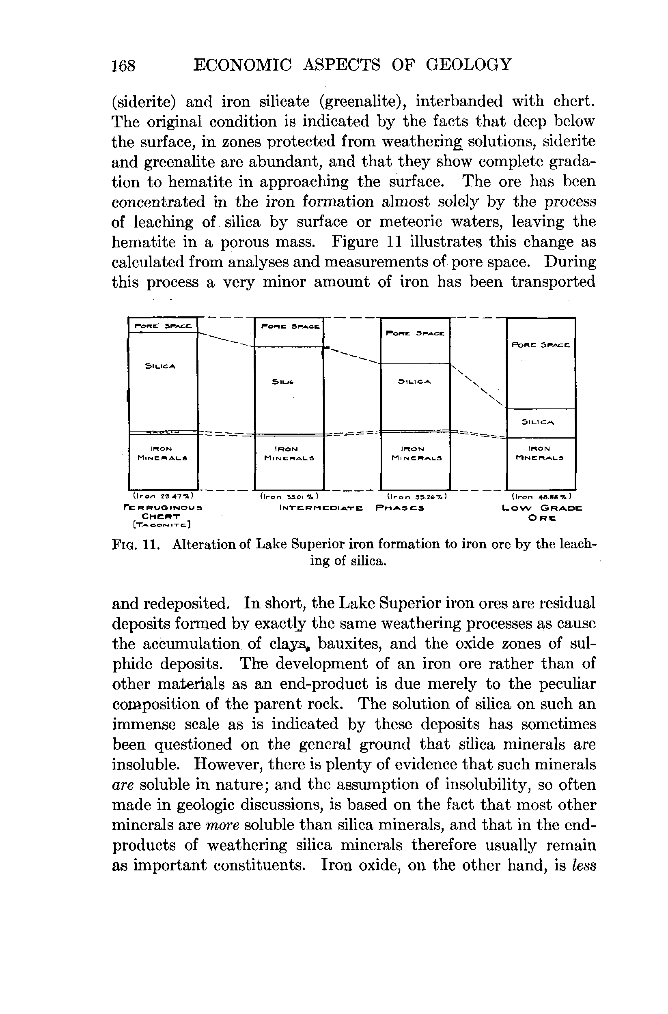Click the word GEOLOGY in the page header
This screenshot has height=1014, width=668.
[x=468, y=65]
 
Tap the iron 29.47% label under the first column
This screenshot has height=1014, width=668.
[x=163, y=496]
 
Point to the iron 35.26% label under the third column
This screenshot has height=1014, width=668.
[x=416, y=496]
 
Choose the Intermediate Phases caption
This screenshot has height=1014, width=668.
[x=352, y=508]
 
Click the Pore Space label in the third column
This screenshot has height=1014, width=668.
[x=415, y=333]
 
